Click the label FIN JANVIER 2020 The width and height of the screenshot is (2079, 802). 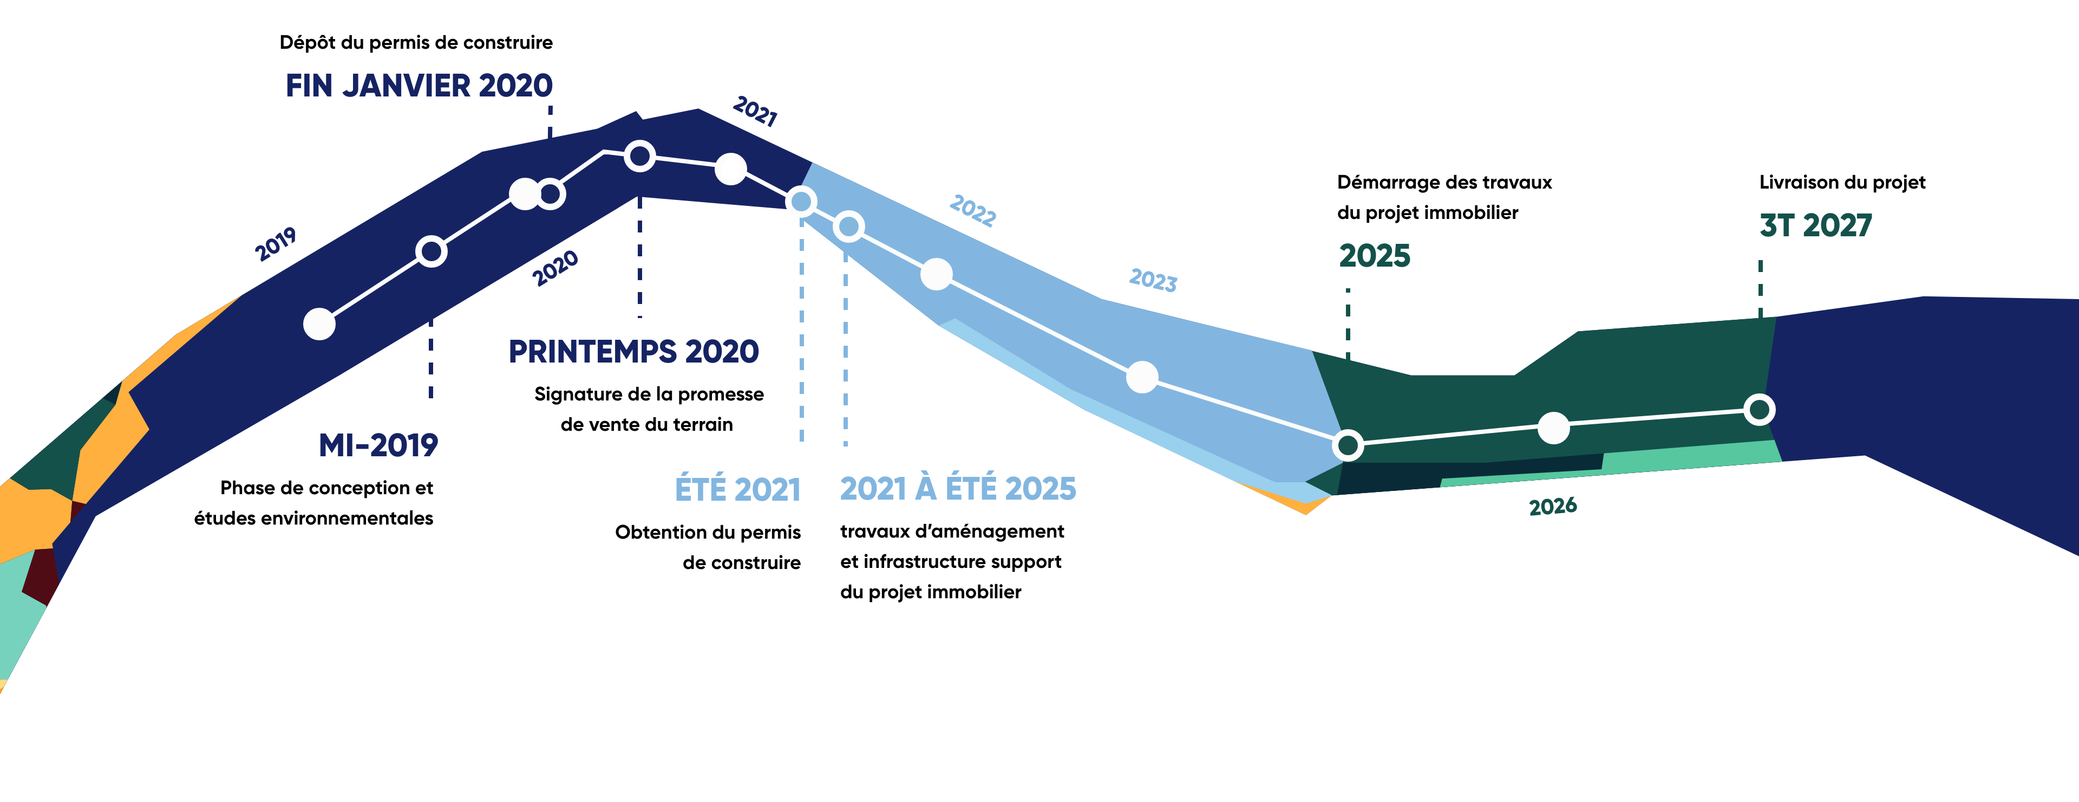(419, 86)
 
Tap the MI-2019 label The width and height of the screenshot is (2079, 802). (378, 445)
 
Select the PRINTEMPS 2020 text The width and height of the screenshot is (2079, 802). (633, 351)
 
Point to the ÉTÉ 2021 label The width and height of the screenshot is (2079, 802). (737, 489)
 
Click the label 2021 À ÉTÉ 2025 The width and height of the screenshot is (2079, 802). (958, 489)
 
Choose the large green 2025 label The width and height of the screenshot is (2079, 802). (1375, 256)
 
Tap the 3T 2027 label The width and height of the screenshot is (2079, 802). (1815, 225)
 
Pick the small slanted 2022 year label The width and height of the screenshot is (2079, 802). (972, 210)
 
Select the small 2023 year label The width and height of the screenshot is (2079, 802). (1153, 280)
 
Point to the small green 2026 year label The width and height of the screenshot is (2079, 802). (1553, 507)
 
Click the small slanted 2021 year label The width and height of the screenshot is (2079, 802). (755, 112)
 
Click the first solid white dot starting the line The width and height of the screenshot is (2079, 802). (319, 324)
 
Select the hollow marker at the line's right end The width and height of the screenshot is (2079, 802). (1760, 410)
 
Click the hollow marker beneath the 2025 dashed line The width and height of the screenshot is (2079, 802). (1348, 444)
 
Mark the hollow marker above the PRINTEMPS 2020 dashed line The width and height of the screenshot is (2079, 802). (639, 156)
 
